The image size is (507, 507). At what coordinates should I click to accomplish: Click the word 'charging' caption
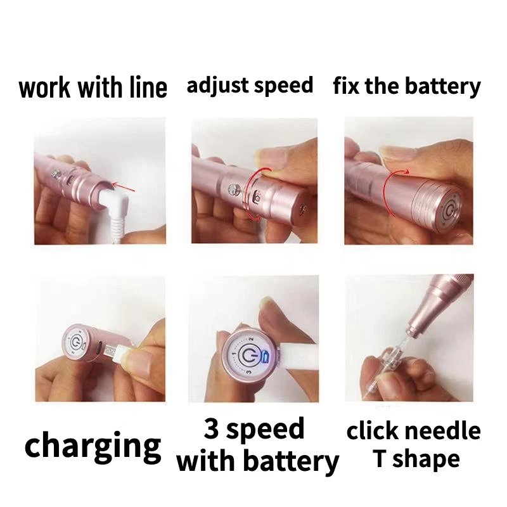pyautogui.click(x=93, y=445)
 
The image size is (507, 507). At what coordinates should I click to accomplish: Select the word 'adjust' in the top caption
pyautogui.click(x=218, y=86)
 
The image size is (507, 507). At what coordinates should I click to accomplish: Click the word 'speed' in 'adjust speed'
pyautogui.click(x=285, y=86)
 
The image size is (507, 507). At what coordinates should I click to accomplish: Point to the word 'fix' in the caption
pyautogui.click(x=347, y=86)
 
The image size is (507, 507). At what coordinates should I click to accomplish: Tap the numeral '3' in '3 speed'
pyautogui.click(x=213, y=430)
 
